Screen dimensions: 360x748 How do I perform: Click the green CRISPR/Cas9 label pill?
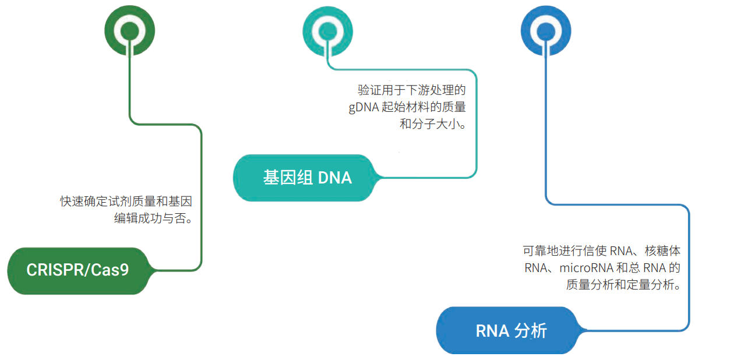coord(77,270)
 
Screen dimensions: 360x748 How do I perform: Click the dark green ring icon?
coord(129,30)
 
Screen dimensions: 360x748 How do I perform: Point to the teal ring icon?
coord(327,30)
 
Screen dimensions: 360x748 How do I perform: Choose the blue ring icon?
coord(546,30)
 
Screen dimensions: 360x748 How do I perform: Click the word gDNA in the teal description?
coord(363,108)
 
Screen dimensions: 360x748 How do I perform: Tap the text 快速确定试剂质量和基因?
coord(126,202)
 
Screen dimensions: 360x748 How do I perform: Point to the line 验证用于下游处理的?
coord(411,90)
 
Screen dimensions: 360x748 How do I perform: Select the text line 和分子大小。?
coord(432,125)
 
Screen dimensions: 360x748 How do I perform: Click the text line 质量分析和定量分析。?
coord(623,285)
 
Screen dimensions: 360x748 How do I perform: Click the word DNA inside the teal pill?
coord(335,178)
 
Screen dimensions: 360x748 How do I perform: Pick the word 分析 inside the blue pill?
coord(531,330)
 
